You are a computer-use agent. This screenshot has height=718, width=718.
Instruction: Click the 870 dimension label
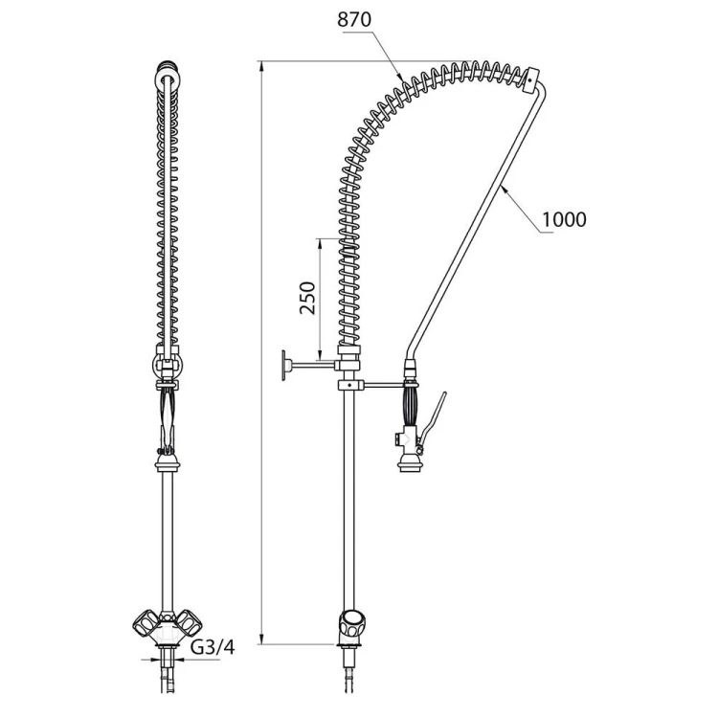[354, 20]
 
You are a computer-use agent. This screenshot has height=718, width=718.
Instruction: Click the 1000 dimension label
[564, 220]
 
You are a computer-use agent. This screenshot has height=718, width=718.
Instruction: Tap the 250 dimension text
[307, 298]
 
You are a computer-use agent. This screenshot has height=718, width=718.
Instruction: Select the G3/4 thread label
[212, 647]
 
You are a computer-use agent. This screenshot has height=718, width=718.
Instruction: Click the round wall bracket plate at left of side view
[284, 365]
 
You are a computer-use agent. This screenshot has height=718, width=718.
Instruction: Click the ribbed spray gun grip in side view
[411, 406]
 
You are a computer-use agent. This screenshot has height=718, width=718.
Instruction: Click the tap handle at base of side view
[351, 623]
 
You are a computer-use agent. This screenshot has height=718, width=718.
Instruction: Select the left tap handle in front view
[146, 622]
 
